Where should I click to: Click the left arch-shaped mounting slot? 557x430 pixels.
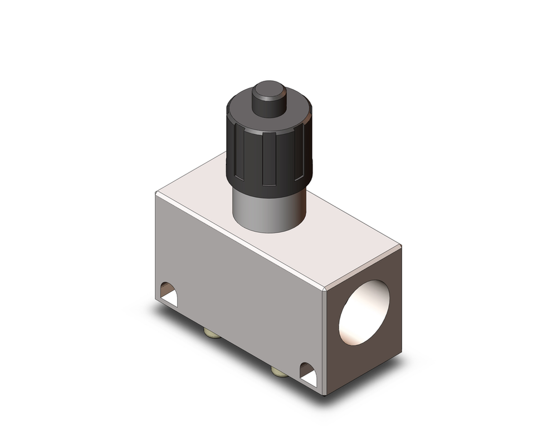tap(168, 294)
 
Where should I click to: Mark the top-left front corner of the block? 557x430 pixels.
tap(157, 193)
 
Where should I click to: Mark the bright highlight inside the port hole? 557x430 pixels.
tap(356, 317)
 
